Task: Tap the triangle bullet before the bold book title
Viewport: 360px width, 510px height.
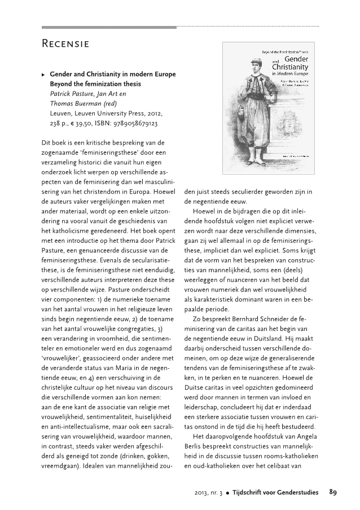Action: pos(44,74)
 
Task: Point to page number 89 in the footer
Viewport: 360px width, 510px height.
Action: pos(333,492)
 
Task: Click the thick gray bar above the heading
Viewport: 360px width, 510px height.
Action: pos(109,27)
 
